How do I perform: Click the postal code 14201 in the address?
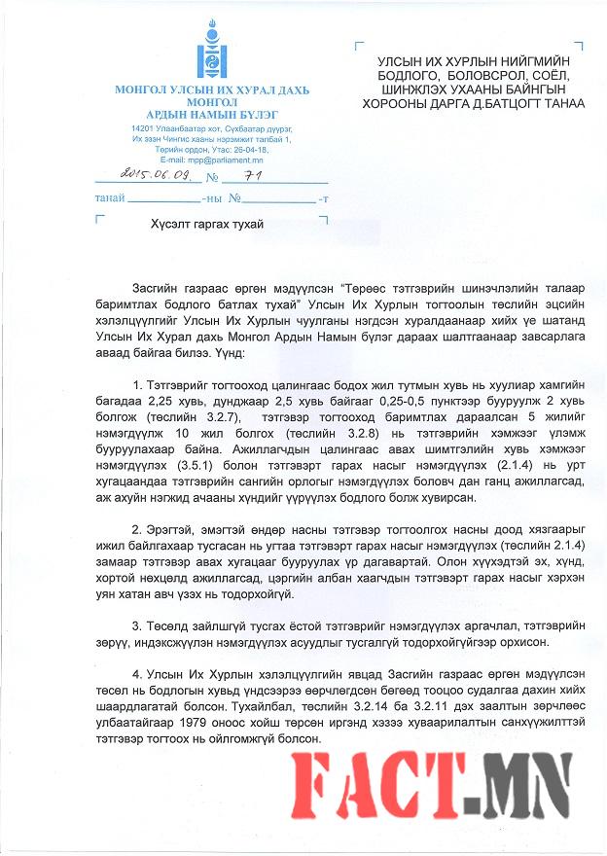coord(144,129)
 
